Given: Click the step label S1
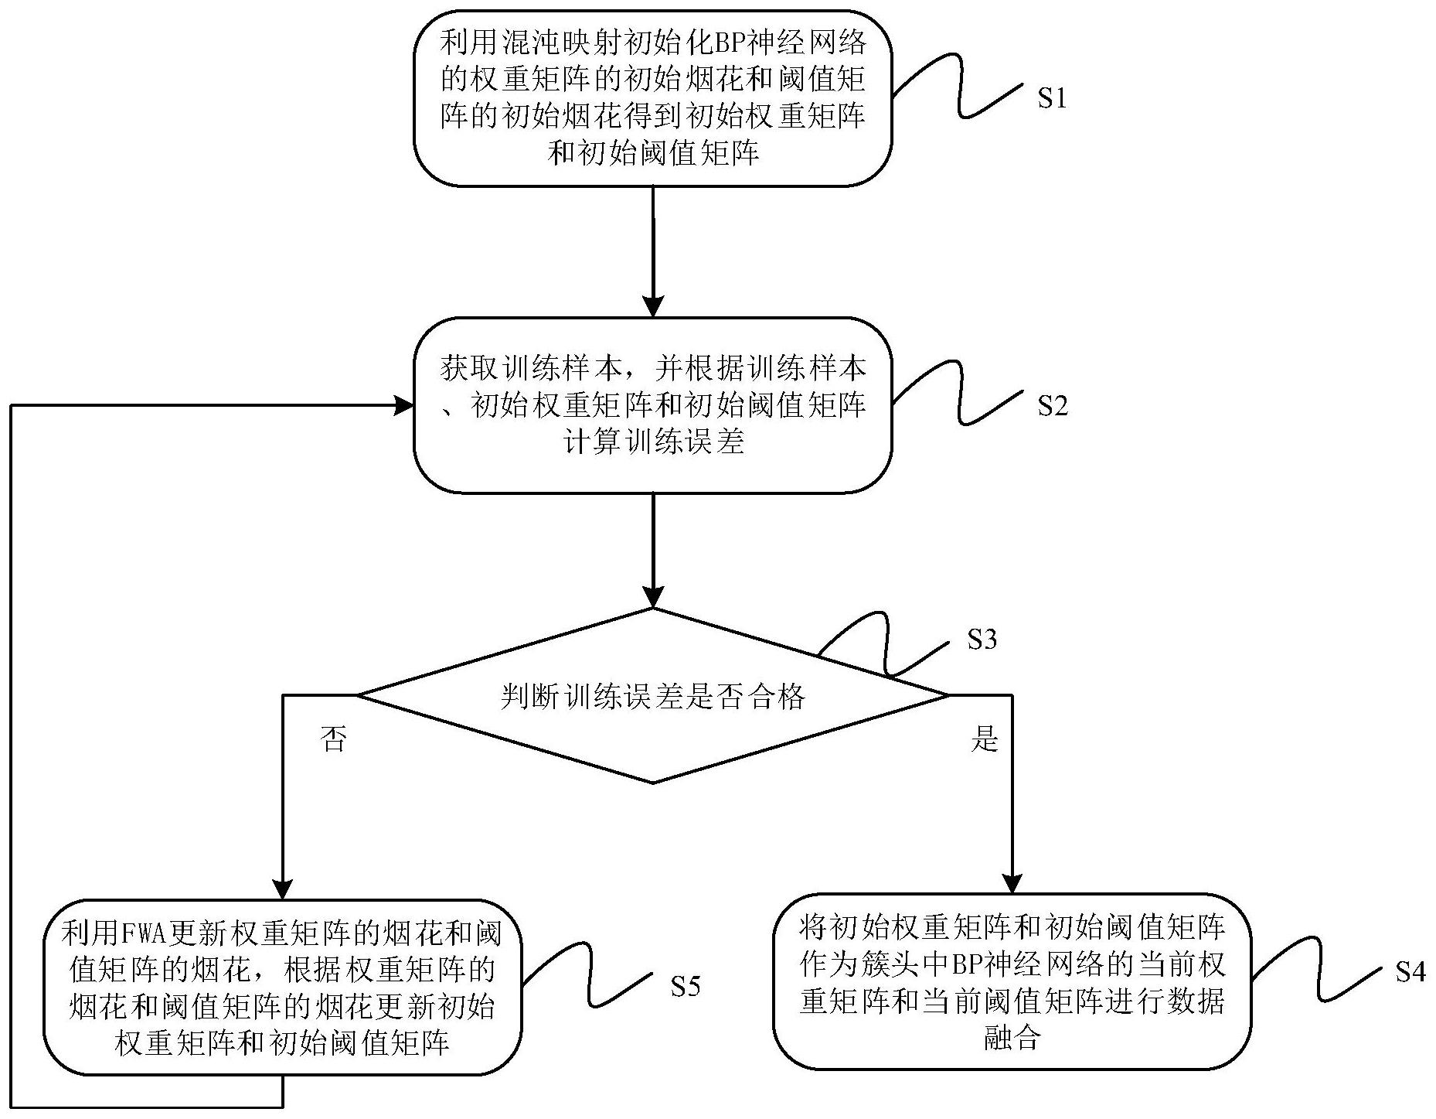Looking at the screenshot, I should click(1051, 99).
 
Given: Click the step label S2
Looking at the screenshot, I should click(1052, 406).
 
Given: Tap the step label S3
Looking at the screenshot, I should click(982, 640).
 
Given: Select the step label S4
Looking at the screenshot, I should click(1410, 972).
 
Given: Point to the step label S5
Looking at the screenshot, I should click(685, 986).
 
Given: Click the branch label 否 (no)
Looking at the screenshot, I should click(333, 739).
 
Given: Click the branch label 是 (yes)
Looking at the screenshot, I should click(984, 739).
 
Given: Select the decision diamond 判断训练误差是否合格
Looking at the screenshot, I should click(653, 696).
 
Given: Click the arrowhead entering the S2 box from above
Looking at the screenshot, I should click(653, 307).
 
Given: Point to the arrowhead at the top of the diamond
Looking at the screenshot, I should click(653, 598).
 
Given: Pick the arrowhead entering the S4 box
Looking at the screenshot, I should click(1012, 883).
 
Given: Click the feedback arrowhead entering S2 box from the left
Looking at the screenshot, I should click(403, 404).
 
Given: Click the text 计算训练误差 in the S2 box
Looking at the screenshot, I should click(653, 443).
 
